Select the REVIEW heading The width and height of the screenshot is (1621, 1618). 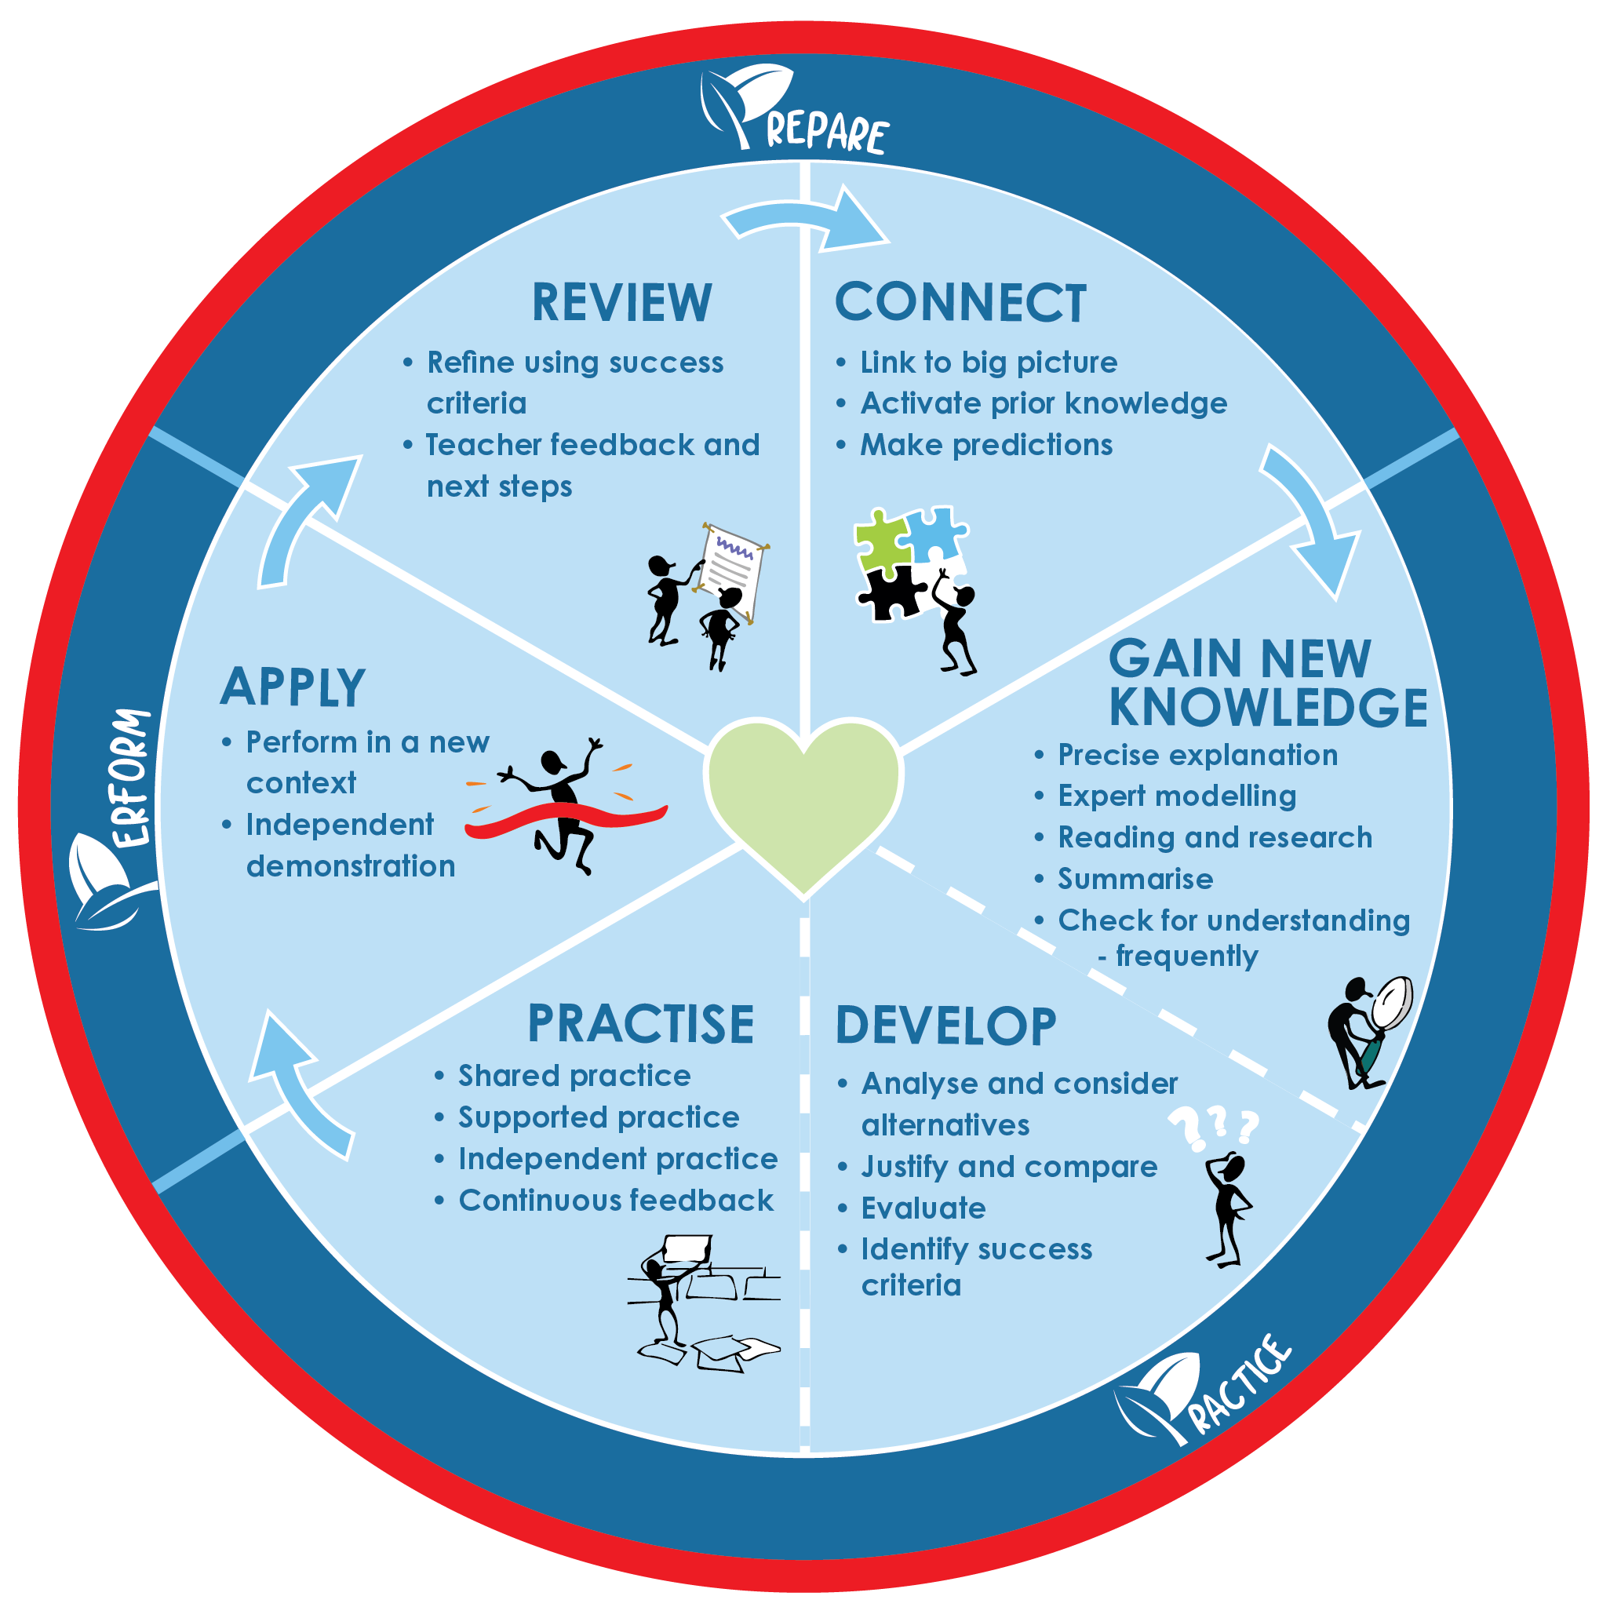[621, 303]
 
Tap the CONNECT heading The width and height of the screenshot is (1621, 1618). [960, 303]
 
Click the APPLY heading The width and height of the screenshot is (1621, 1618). [293, 688]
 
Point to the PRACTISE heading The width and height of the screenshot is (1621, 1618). [641, 1025]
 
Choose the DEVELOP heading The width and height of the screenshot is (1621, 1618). [945, 1026]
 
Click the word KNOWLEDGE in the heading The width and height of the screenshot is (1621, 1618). [1268, 708]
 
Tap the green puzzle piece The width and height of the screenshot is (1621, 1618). [880, 541]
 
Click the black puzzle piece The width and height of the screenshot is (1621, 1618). [891, 593]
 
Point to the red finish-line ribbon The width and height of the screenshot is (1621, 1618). [566, 818]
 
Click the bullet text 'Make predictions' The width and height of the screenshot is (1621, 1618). [985, 445]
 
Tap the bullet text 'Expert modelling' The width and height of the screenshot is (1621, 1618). [1176, 796]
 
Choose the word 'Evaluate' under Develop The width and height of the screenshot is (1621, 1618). [923, 1208]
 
